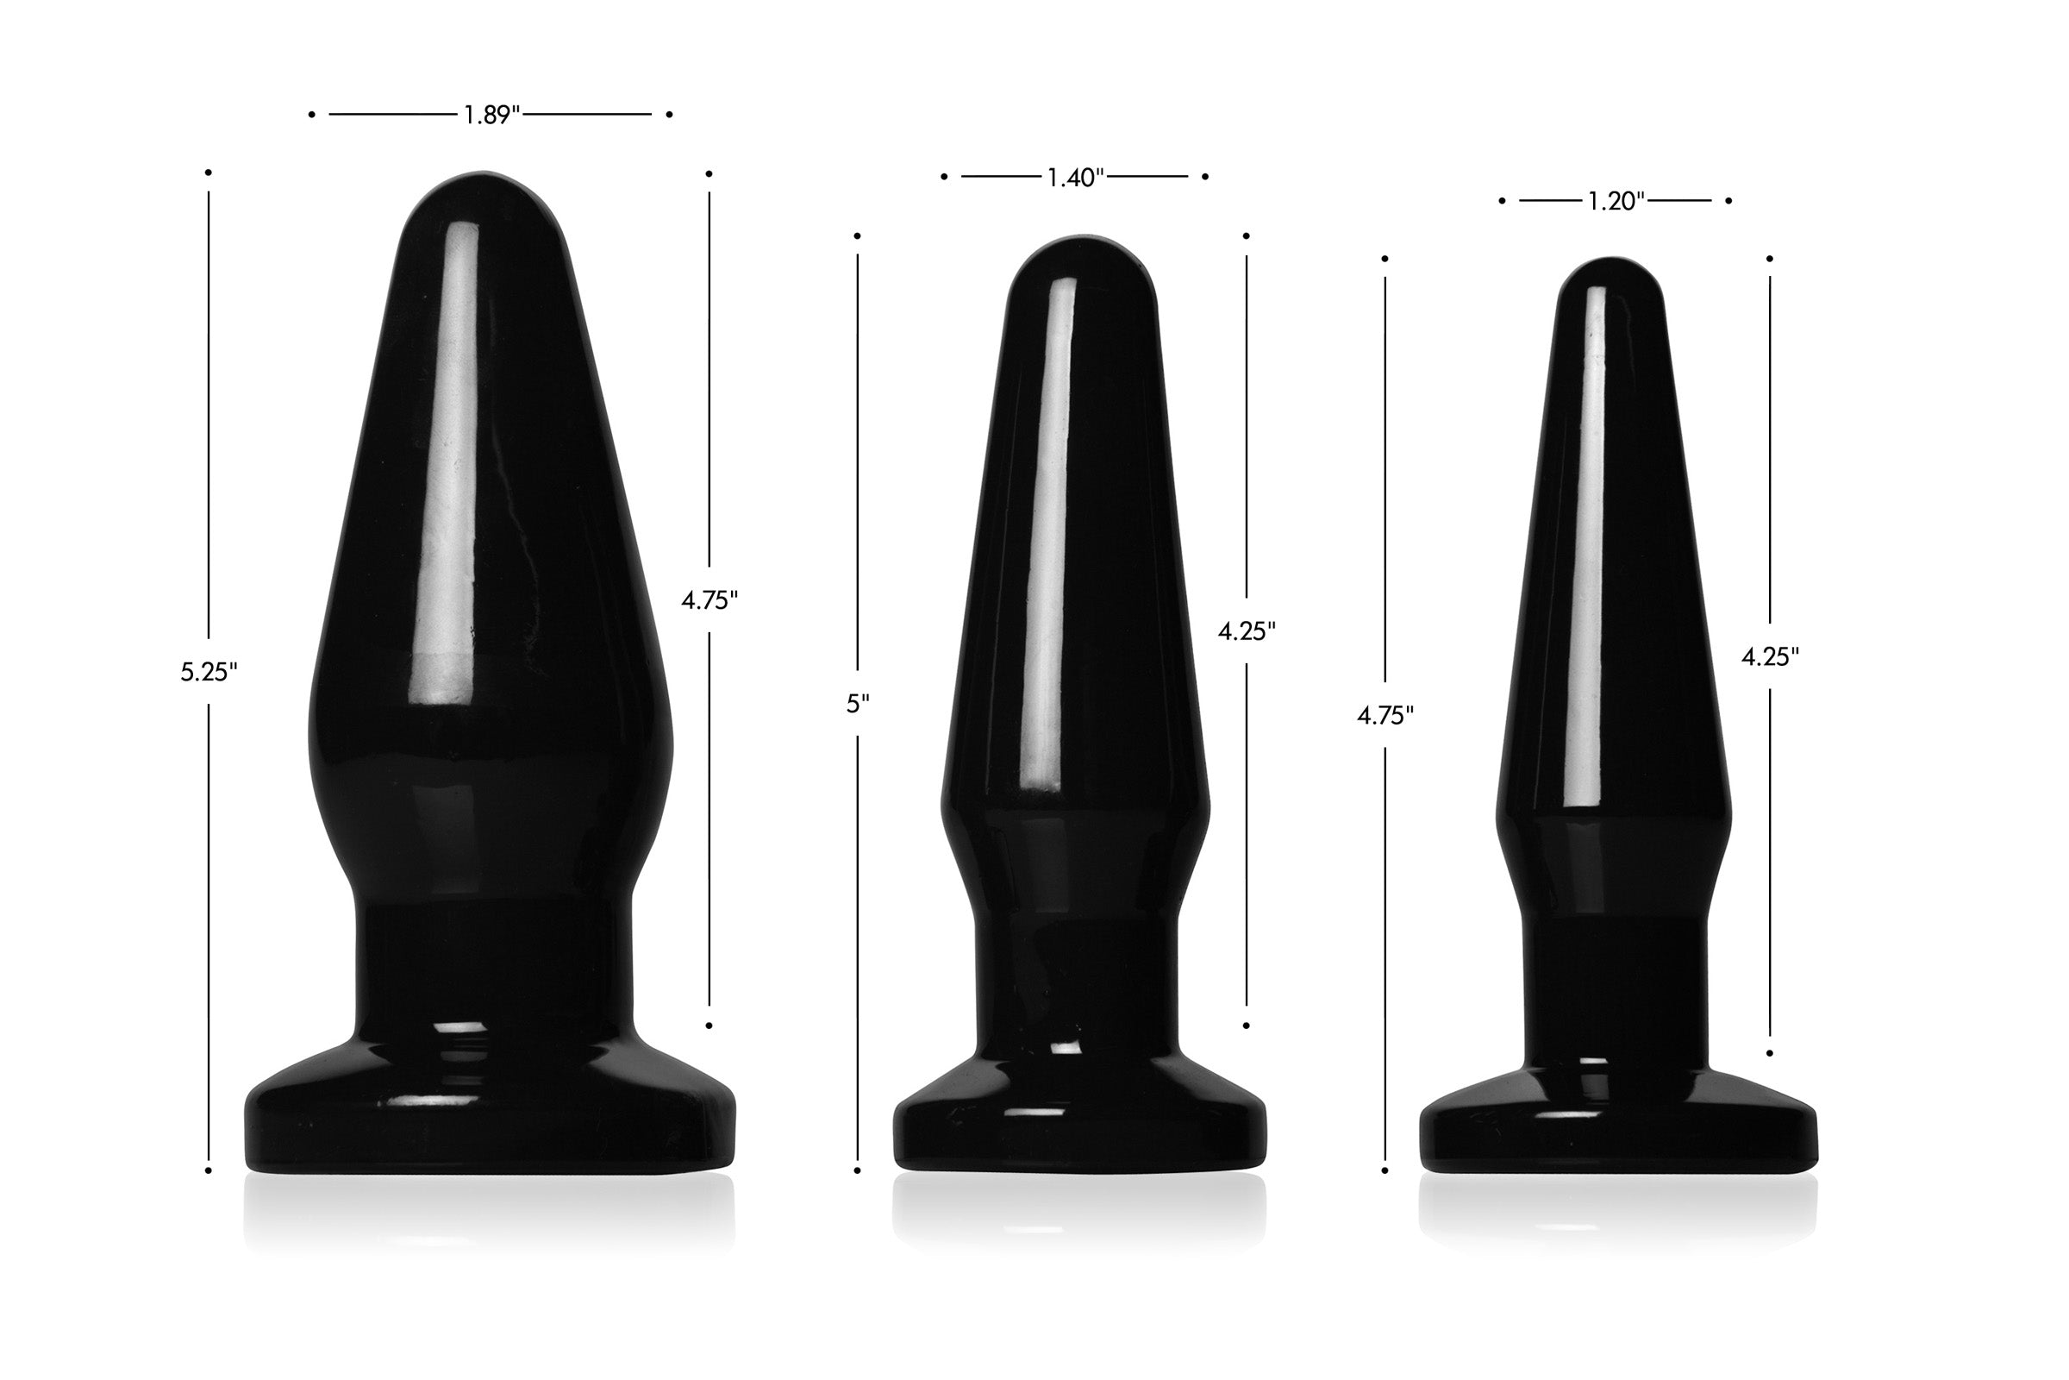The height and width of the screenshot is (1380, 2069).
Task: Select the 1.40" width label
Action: click(1075, 178)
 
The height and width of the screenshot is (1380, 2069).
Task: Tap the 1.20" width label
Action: click(1615, 202)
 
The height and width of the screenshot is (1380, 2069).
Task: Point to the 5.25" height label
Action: click(209, 673)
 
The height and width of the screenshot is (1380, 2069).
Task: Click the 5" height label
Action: click(857, 704)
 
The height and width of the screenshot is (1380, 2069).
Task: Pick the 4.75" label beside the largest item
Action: click(709, 600)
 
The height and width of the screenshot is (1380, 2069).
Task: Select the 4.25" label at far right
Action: click(1770, 656)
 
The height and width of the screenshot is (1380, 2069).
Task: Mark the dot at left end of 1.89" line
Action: click(311, 115)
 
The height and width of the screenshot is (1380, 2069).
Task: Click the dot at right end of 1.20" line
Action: click(1728, 202)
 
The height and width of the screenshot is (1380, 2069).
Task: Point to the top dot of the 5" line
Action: click(857, 235)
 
